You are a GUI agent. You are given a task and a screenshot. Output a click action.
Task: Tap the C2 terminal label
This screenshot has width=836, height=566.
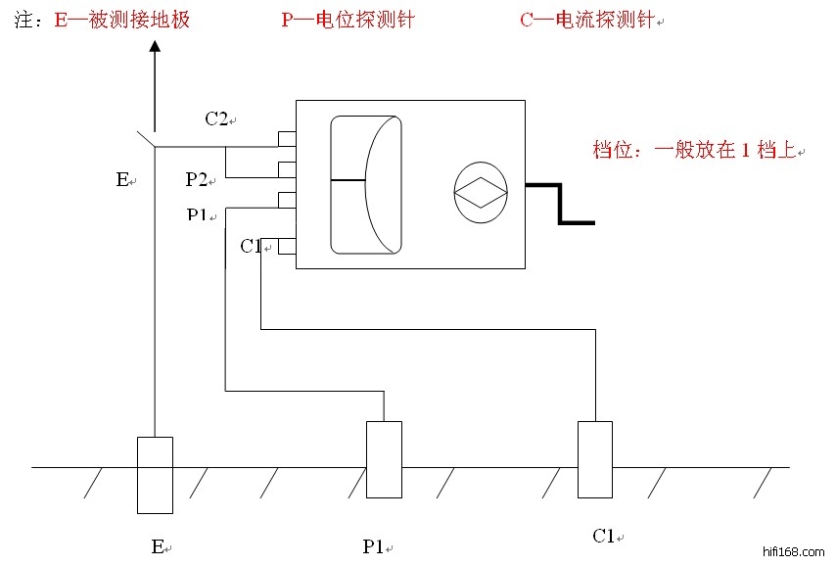tap(216, 119)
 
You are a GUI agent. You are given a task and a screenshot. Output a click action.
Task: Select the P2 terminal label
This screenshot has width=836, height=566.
tap(197, 179)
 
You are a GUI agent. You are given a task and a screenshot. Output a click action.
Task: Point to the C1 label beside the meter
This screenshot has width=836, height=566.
tap(251, 247)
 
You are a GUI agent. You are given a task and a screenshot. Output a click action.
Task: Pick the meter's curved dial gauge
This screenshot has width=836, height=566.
tap(366, 183)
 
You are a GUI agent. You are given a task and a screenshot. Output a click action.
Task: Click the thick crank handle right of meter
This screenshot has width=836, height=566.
tap(561, 202)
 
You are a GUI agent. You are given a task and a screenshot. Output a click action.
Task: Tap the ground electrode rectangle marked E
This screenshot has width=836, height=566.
tap(155, 475)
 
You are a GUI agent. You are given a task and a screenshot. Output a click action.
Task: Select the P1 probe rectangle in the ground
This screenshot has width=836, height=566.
tap(383, 459)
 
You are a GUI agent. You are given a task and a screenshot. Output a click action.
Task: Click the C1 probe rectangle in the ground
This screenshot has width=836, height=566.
tap(594, 459)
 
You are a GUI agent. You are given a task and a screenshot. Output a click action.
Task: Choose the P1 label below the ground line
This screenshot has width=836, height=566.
tap(373, 546)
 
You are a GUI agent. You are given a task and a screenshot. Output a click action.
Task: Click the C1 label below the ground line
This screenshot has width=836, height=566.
tap(604, 536)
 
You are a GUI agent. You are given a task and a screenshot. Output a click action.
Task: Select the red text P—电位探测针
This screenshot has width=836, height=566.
tap(348, 21)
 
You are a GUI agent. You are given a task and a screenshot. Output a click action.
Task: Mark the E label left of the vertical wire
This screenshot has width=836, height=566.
tap(122, 179)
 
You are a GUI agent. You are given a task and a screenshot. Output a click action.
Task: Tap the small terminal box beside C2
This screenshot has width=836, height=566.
tap(287, 138)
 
